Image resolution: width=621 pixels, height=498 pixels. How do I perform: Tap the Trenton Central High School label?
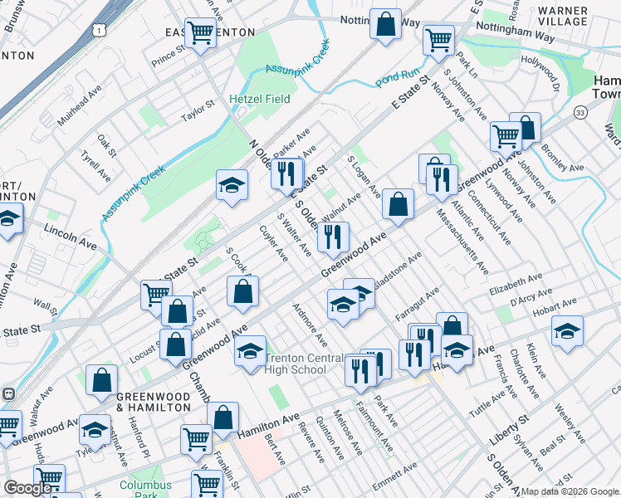[304, 364]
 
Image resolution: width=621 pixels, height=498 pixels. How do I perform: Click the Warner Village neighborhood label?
[563, 16]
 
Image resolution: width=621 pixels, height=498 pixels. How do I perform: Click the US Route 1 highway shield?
[99, 30]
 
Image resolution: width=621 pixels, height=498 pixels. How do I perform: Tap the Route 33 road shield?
[579, 112]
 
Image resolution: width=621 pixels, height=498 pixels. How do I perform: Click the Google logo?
[27, 488]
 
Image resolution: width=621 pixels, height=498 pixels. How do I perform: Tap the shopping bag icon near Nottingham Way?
[385, 24]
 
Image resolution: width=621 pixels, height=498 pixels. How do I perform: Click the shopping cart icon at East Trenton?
[200, 34]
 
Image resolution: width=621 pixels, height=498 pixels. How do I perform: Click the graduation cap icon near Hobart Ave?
[567, 331]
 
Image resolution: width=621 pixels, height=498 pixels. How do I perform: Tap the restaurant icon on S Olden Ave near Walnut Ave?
[333, 237]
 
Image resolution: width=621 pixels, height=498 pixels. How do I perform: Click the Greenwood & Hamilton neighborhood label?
[154, 402]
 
